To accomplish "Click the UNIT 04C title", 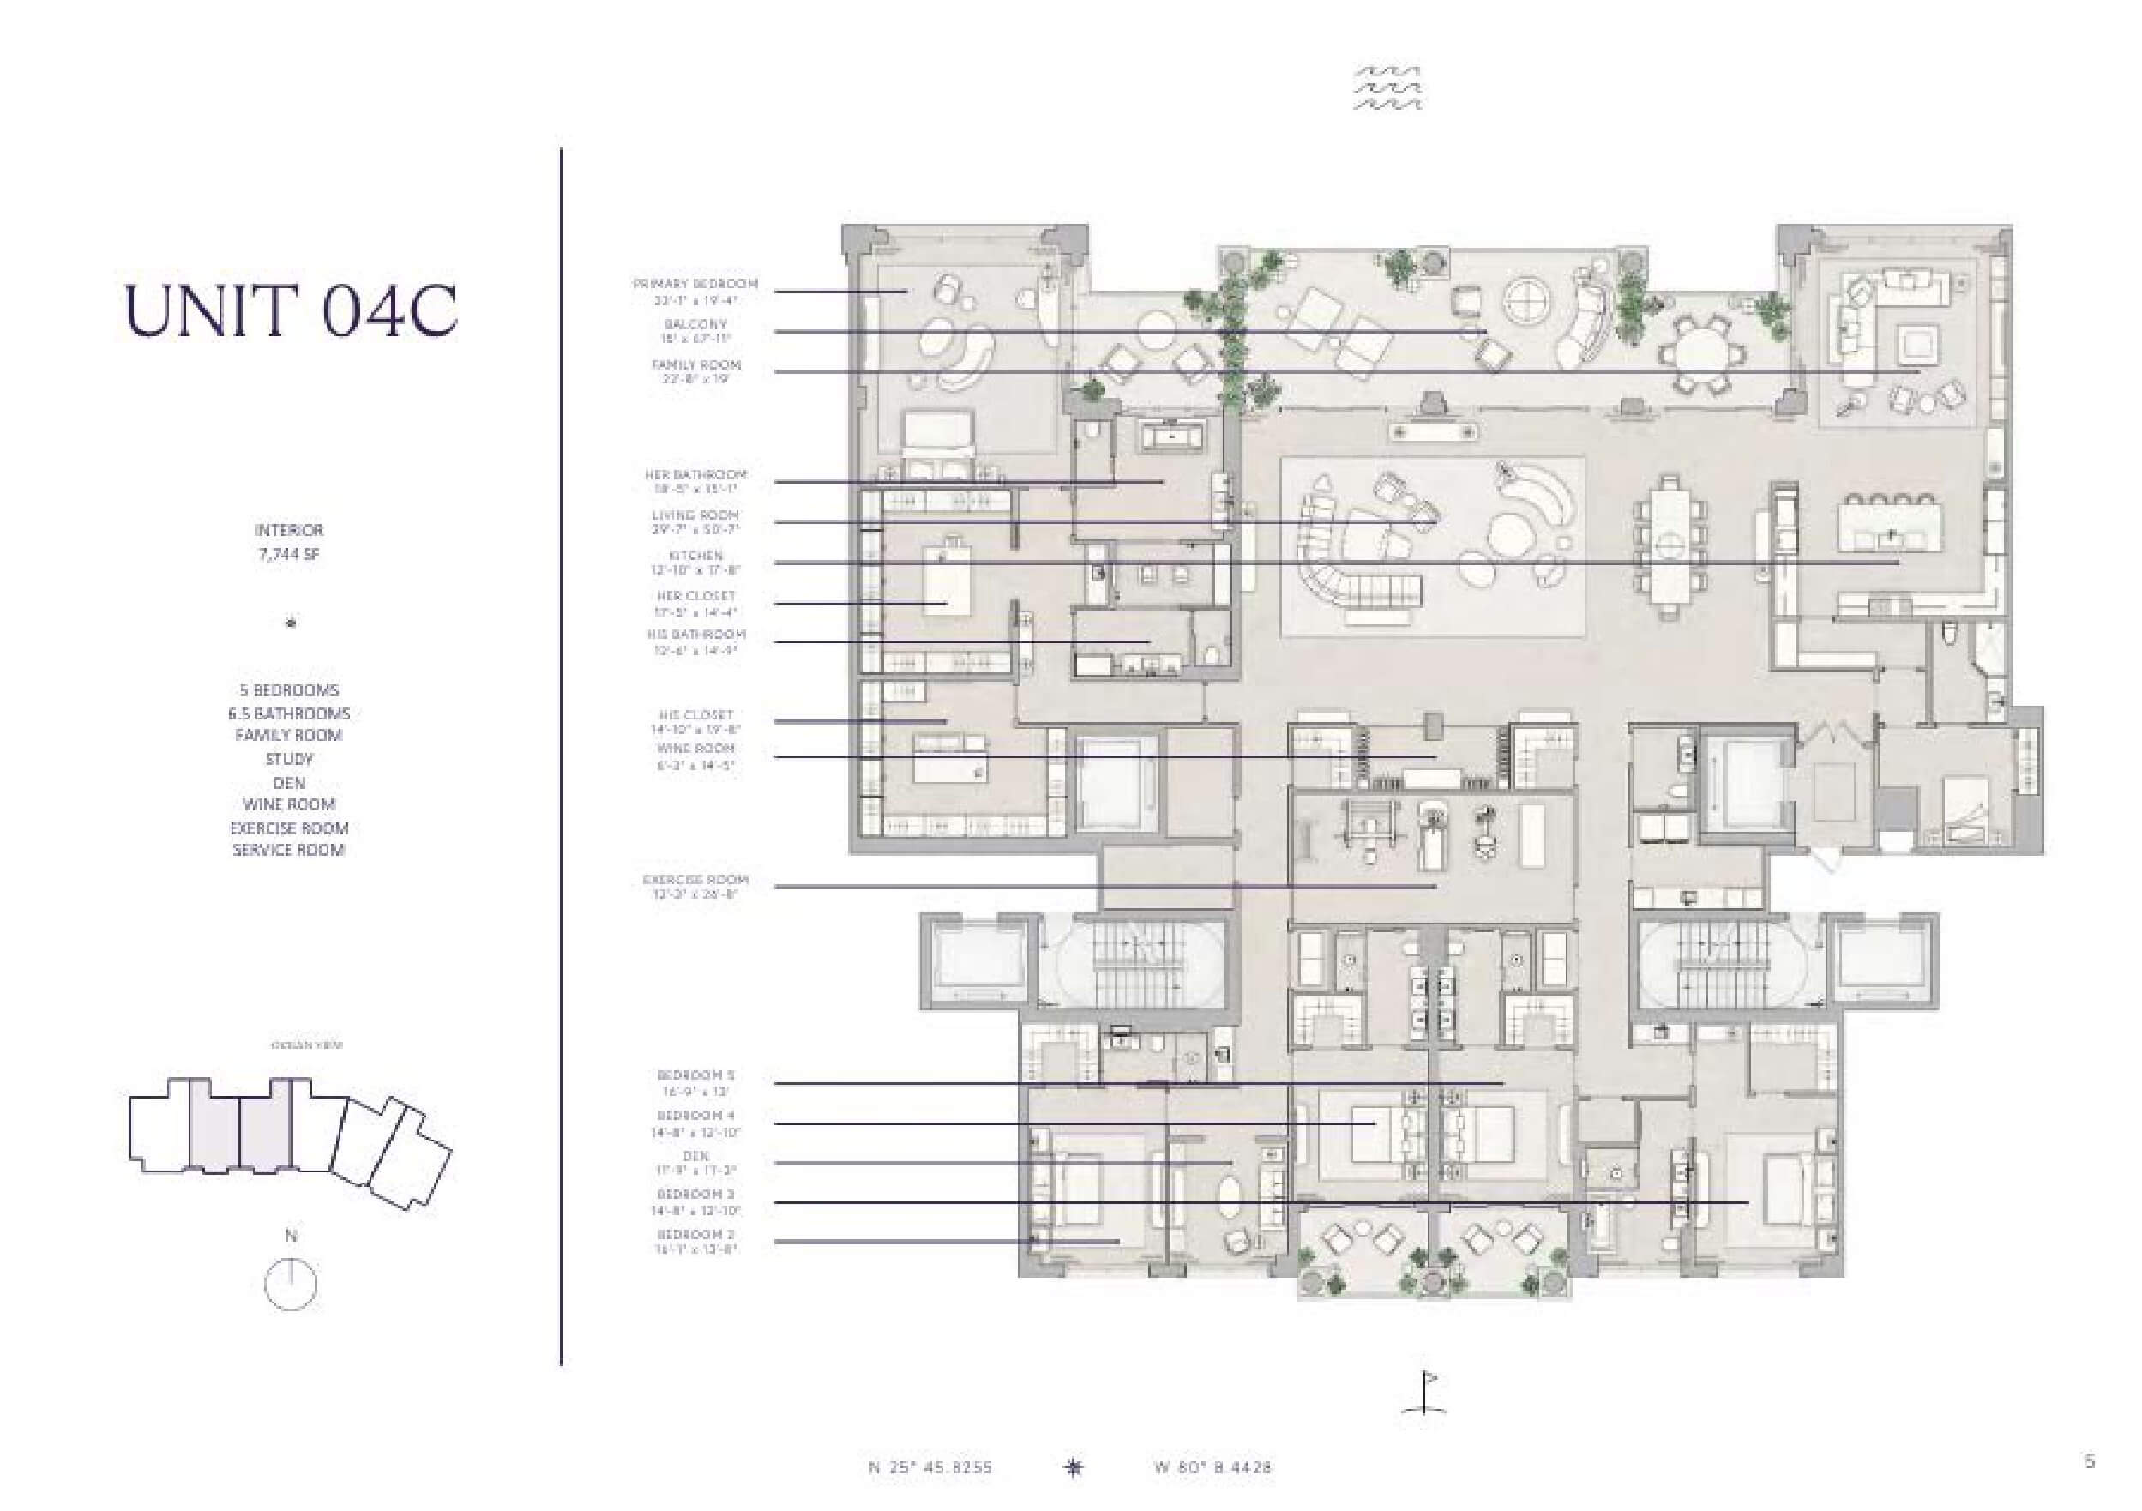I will [291, 310].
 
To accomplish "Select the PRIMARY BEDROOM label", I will [695, 284].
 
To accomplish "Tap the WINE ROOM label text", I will [695, 749].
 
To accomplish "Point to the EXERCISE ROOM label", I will [695, 880].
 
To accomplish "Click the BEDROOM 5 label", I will [695, 1075].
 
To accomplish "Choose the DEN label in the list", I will [695, 1156].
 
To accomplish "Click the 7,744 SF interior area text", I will [288, 554].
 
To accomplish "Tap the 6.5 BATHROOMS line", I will [288, 713].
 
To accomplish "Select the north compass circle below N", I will [290, 1285].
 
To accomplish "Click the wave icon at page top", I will [1387, 87].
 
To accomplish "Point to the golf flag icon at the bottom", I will [1425, 1393].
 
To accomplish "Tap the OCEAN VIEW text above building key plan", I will [306, 1045].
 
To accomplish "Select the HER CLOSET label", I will [695, 596].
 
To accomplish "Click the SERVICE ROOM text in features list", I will [288, 850].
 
